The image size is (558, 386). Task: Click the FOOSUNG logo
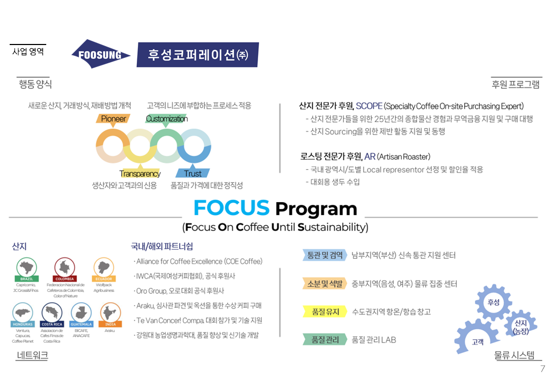tap(101, 54)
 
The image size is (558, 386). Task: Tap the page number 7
tap(542, 369)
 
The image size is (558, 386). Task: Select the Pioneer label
tap(113, 118)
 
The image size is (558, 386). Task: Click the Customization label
tap(166, 118)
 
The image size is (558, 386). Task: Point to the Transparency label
tap(139, 173)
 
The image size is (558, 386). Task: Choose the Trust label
tap(193, 173)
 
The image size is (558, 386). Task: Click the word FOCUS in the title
tap(231, 207)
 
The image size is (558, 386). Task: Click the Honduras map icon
tap(23, 312)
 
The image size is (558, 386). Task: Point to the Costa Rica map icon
tap(52, 312)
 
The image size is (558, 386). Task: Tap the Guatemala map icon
tap(81, 312)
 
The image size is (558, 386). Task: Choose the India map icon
tap(110, 312)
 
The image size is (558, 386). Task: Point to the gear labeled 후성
tap(493, 303)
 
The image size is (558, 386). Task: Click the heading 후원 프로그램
tap(516, 84)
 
